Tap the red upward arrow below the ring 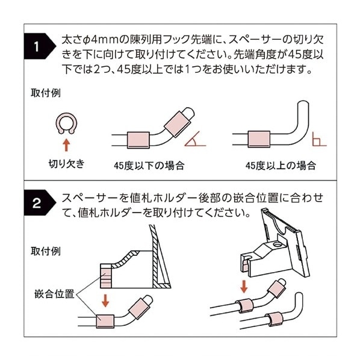(66, 144)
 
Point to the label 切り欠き (66, 163)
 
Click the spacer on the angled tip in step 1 (179, 120)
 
